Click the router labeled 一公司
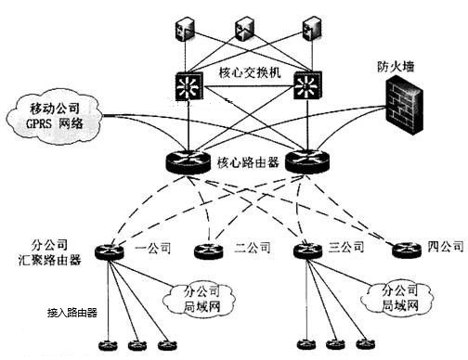click(x=112, y=249)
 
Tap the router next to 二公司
click(x=207, y=249)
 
